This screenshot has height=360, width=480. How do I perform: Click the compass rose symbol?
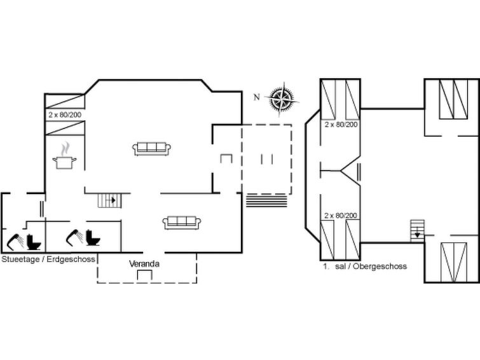[x=281, y=99]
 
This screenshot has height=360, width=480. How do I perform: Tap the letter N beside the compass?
[x=257, y=97]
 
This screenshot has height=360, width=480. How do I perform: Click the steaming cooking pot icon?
[x=64, y=156]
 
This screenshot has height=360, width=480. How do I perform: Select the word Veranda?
[x=144, y=264]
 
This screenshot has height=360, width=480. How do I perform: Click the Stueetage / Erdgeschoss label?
[x=48, y=260]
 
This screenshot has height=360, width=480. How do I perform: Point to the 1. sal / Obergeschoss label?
[x=365, y=266]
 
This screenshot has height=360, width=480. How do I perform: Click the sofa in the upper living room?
[x=151, y=149]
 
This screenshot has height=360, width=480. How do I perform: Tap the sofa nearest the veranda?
[x=182, y=223]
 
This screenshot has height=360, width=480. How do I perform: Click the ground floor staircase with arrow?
[x=109, y=200]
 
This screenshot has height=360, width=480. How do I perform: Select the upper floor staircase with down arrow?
[x=418, y=231]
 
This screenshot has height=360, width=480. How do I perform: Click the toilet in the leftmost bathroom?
[x=33, y=242]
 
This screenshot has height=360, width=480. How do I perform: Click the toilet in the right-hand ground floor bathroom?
[x=93, y=237]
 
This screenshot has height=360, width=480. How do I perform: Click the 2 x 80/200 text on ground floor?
[x=65, y=115]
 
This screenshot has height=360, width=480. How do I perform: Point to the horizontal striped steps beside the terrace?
[x=266, y=201]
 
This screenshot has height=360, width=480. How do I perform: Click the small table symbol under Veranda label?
[x=144, y=275]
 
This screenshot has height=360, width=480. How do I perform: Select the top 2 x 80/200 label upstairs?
[x=341, y=125]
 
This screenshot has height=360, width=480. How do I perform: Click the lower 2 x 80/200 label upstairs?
[x=341, y=216]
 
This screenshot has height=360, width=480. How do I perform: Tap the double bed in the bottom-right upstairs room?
[x=454, y=262]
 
